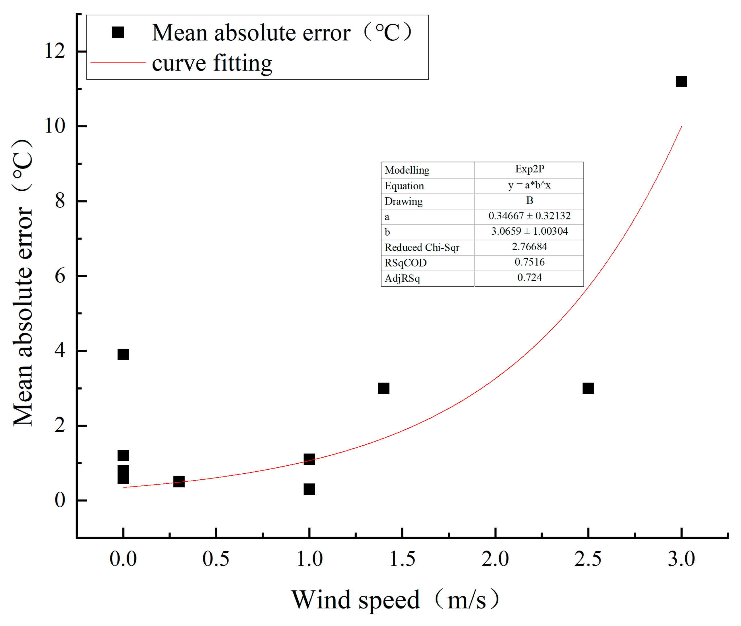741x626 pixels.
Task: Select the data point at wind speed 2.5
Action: (588, 388)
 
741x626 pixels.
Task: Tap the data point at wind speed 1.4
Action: (384, 388)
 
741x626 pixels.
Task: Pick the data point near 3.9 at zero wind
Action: (123, 354)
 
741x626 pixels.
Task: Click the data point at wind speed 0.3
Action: (179, 482)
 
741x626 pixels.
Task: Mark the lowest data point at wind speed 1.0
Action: (309, 489)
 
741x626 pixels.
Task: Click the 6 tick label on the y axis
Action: (60, 276)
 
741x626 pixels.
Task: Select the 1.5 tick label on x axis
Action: (402, 559)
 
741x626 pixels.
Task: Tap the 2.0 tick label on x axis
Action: (495, 559)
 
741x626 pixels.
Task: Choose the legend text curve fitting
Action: (212, 63)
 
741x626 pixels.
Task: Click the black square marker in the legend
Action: (117, 32)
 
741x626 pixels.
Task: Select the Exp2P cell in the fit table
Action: (529, 169)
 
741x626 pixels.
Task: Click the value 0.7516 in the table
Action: (529, 262)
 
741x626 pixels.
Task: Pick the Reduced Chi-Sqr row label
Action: (421, 247)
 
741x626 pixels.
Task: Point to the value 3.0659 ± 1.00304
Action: (529, 231)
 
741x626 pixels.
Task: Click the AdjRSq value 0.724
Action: (529, 277)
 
